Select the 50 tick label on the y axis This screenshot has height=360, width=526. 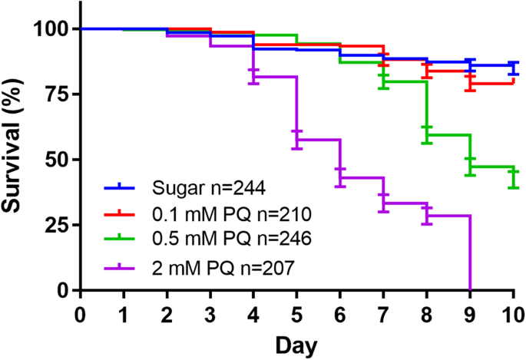[56, 160]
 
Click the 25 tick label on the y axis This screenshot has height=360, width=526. [56, 225]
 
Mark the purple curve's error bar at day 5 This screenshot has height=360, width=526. [296, 140]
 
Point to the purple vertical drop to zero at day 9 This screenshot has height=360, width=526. [469, 253]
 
